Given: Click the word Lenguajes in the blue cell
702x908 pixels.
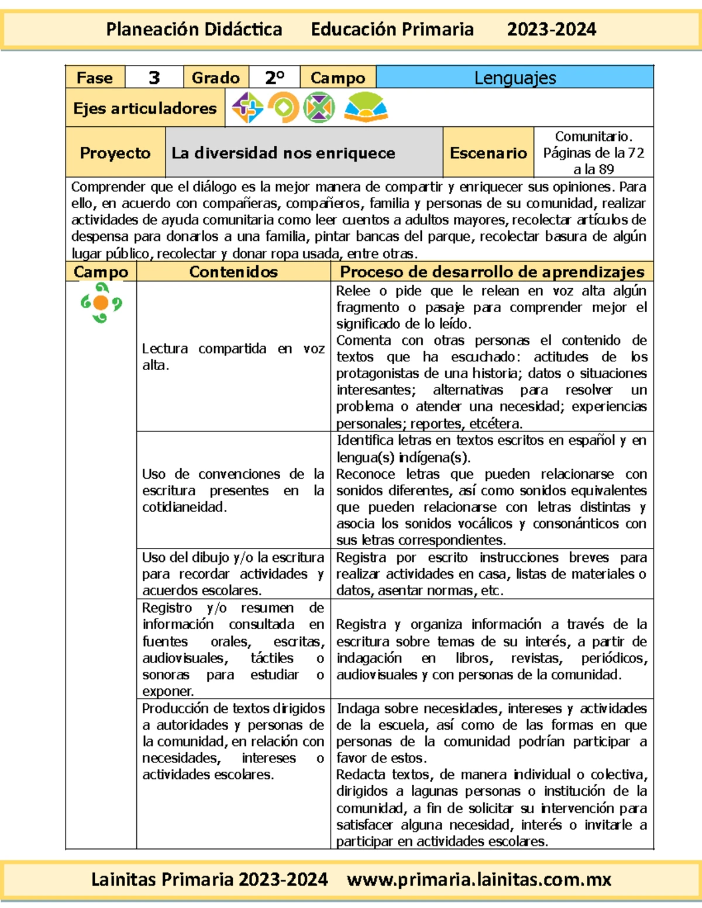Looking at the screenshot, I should coord(515,78).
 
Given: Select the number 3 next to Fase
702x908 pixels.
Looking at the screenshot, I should coord(154,78).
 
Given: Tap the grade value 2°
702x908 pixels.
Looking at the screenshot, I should coord(274,78).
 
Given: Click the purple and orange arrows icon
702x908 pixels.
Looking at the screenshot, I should coord(247,108).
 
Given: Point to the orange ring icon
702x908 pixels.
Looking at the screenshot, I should coord(284,108).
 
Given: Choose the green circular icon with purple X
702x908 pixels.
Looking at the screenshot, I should coord(319,108).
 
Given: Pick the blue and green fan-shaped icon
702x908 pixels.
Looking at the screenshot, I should coord(366,108).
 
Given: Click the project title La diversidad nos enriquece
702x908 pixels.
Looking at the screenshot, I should coord(283,153).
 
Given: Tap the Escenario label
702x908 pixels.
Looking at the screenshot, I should coord(488,153).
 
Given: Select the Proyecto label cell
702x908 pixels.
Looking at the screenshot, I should coord(115,153).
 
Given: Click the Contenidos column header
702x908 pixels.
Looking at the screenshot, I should coord(233,272).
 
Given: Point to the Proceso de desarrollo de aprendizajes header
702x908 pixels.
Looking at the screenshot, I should coord(492,272).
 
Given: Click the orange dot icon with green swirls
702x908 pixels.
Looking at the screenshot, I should coord(101,303).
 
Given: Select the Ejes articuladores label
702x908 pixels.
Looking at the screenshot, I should coord(144,108).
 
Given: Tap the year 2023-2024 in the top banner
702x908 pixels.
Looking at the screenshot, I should coord(552,29).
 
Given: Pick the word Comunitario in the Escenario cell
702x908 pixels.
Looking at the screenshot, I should coord(593,137).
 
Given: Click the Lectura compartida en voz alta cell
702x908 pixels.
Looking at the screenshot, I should coord(233,357).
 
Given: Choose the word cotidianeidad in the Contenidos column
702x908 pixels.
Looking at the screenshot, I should coord(184,507).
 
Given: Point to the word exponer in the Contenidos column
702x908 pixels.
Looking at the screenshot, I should coord(167,691).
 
